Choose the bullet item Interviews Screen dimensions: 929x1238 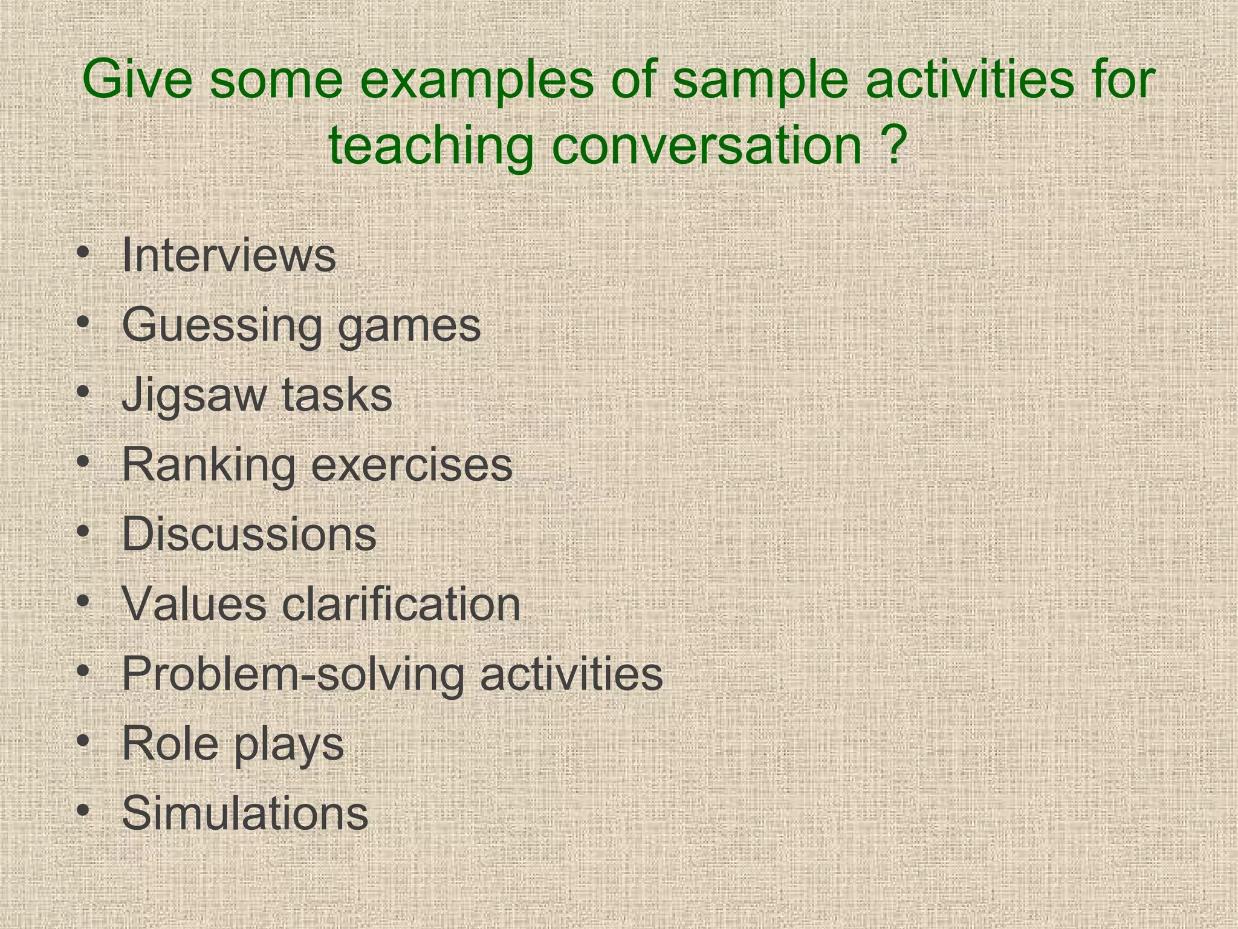(x=228, y=256)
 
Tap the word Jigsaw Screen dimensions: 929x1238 (x=193, y=396)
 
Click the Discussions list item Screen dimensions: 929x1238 (x=248, y=535)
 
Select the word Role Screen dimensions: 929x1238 (x=170, y=743)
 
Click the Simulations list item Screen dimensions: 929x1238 (x=245, y=813)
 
